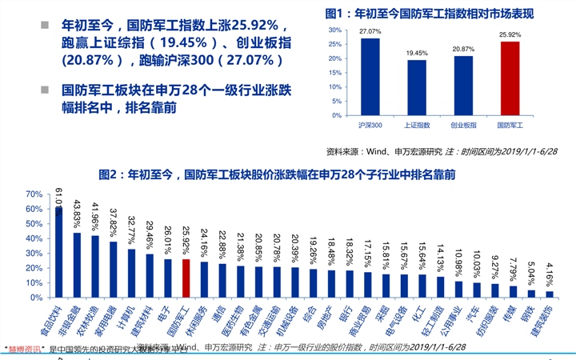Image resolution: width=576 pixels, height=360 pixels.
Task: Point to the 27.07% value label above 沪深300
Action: pyautogui.click(x=370, y=32)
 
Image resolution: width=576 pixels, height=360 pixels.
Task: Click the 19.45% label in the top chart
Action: pyautogui.click(x=416, y=54)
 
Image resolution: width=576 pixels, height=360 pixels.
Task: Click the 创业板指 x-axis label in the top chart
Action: pyautogui.click(x=462, y=126)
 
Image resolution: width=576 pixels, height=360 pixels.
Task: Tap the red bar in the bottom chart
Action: pyautogui.click(x=186, y=278)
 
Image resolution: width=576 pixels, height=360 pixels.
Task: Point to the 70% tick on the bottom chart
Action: pyautogui.click(x=33, y=194)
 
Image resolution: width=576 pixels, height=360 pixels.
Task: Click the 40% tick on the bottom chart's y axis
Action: pyautogui.click(x=33, y=238)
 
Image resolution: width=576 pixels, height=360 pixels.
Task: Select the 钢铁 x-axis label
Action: pyautogui.click(x=530, y=312)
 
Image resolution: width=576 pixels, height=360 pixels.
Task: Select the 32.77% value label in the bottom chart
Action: pyautogui.click(x=131, y=227)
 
